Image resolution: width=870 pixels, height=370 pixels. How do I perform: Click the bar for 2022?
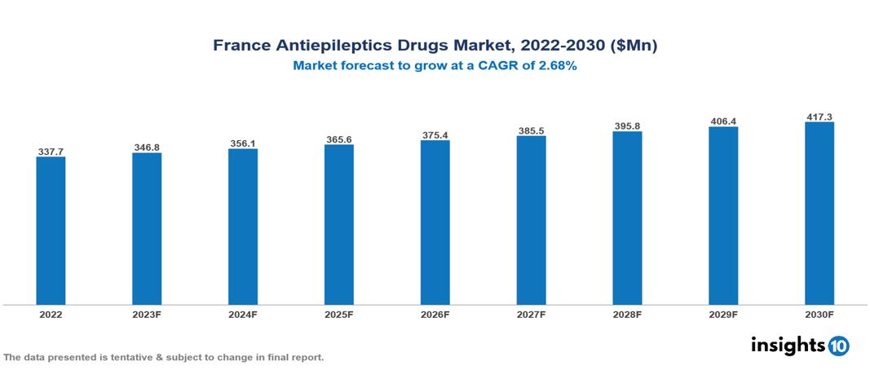tap(51, 231)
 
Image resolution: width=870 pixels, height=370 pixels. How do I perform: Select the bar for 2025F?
tap(338, 225)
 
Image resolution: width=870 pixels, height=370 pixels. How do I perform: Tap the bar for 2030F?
tap(819, 214)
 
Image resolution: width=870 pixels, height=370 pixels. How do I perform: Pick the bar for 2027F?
tap(531, 221)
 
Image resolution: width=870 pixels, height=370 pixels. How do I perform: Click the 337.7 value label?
tap(51, 152)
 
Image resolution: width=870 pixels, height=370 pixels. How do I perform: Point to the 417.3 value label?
tap(819, 117)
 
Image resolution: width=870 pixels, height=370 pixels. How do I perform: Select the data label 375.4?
tap(435, 134)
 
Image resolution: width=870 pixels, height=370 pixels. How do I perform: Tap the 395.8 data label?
tap(627, 126)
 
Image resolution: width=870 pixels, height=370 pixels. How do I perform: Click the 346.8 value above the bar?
tap(147, 148)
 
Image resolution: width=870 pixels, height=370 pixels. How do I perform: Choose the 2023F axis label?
tap(147, 314)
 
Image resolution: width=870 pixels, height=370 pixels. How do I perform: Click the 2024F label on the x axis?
tap(243, 314)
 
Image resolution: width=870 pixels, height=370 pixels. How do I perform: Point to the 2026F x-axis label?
tap(435, 314)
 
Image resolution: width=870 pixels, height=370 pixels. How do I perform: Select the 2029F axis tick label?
tap(723, 314)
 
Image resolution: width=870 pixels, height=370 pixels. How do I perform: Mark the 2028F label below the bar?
tap(627, 314)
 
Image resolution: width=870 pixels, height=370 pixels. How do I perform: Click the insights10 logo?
tap(800, 346)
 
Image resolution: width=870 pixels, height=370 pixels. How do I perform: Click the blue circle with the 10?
tap(838, 346)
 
